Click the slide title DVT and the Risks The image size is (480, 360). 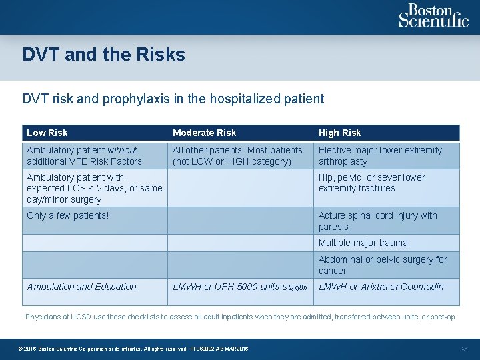(x=103, y=55)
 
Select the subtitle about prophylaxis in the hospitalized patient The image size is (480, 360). (x=173, y=99)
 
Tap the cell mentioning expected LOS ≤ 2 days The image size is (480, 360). (x=94, y=188)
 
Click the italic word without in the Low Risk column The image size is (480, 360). (x=122, y=150)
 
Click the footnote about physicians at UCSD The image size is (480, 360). (x=240, y=317)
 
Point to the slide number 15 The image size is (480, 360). (x=465, y=349)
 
